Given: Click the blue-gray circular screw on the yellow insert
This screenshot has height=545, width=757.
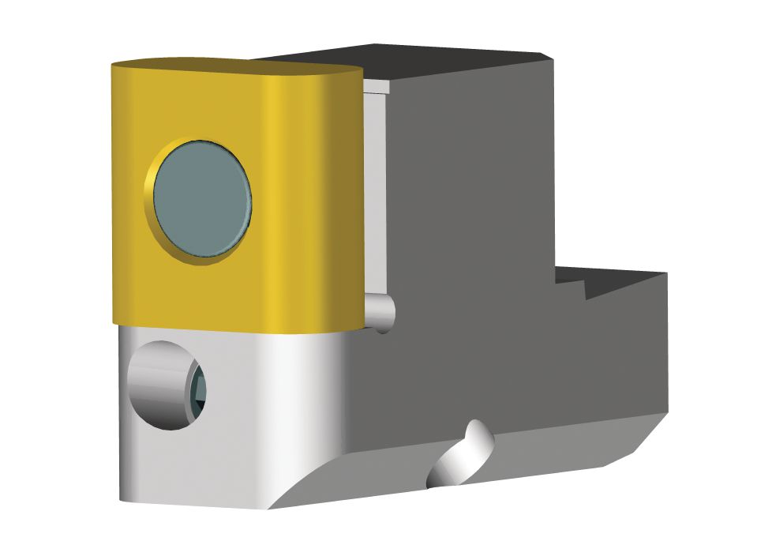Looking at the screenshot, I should (x=202, y=200).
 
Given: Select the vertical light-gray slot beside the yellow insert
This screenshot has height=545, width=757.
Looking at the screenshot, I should (x=374, y=190).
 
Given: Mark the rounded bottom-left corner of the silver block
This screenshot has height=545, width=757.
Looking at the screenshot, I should (x=126, y=494).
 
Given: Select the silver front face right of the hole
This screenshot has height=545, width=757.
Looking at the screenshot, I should (x=268, y=403).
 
